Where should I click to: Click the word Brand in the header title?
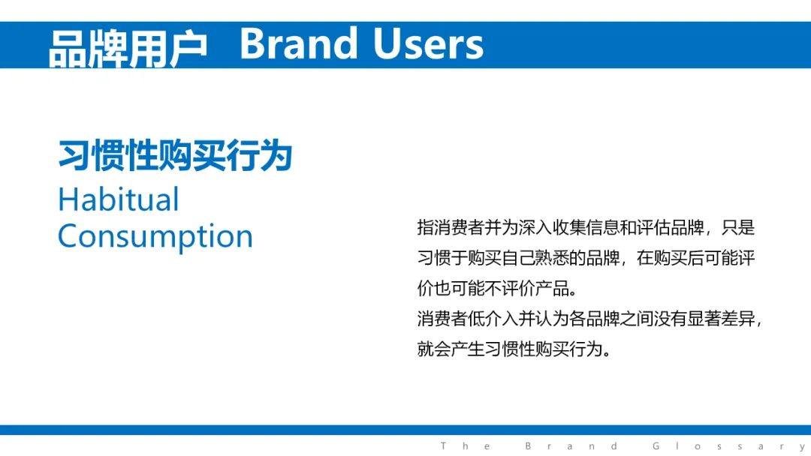point(298,44)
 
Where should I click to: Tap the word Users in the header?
point(428,44)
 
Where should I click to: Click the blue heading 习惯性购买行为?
point(175,155)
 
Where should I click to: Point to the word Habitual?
point(119,199)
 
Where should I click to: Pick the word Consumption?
point(155,236)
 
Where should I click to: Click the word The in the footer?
point(465,446)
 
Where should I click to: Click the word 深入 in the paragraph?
point(535,227)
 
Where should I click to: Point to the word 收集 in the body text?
point(569,227)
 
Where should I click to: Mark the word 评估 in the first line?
point(653,227)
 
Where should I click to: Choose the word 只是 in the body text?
point(738,227)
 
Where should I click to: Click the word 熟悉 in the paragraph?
point(552,258)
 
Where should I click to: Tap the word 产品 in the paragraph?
point(553,288)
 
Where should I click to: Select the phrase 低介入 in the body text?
point(493,319)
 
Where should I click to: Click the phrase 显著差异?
point(721,319)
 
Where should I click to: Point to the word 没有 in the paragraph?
point(671,319)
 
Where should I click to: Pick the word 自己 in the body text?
point(518,258)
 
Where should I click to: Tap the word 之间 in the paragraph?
point(637,319)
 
